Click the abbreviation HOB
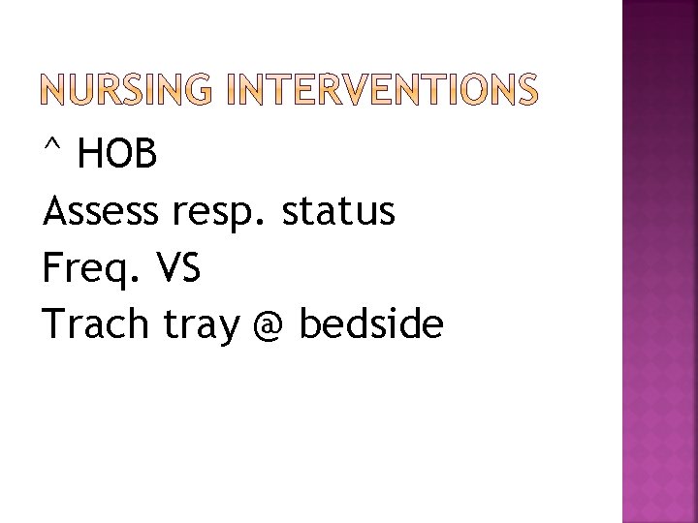pos(115,154)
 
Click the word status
pos(338,211)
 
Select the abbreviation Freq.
pos(88,269)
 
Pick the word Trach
pos(96,325)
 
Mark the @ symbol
pos(269,327)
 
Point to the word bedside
pos(371,325)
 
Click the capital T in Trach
pos(55,325)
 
